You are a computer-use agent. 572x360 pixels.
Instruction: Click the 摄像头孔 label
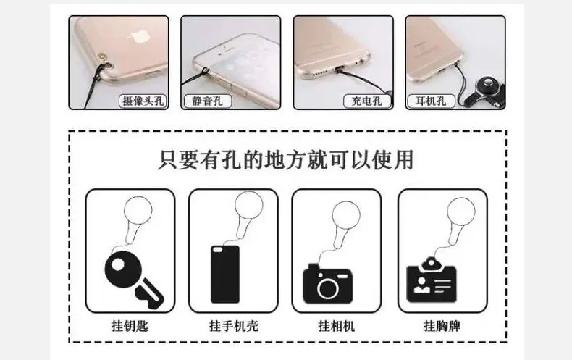pos(143,101)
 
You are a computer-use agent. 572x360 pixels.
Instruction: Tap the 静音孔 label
pos(207,101)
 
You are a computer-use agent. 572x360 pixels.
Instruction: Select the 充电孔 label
pos(367,101)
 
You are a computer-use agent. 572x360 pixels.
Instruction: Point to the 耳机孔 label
pos(432,101)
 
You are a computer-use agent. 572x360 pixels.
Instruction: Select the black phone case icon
pos(225,274)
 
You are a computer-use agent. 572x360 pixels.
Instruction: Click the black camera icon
pos(327,284)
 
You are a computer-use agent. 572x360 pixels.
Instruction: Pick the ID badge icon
pos(432,280)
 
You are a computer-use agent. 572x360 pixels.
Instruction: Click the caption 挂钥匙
pos(130,326)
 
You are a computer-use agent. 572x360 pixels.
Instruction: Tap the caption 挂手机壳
pos(234,326)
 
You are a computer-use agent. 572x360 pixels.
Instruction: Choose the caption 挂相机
pos(337,326)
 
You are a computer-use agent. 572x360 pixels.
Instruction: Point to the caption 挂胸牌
pos(442,326)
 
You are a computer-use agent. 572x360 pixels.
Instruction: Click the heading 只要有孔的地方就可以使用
pos(286,159)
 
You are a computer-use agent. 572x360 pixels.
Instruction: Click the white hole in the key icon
pos(117,264)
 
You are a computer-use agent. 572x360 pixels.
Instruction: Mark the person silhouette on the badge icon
pos(421,285)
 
